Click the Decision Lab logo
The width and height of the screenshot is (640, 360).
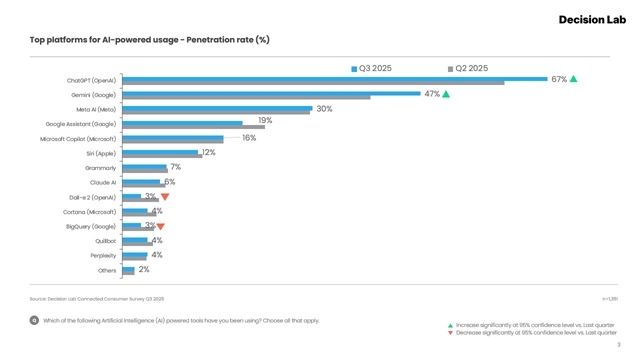click(x=592, y=19)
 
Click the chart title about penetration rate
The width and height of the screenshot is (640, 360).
click(x=150, y=40)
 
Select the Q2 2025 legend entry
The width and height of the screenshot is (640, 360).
click(x=468, y=68)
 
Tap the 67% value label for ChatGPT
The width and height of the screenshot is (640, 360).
click(x=559, y=79)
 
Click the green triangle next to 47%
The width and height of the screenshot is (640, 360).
click(x=446, y=94)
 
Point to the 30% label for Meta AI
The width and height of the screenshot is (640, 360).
click(x=324, y=109)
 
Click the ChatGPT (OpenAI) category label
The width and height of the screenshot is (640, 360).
click(x=91, y=81)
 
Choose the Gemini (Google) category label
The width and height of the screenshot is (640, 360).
click(x=93, y=95)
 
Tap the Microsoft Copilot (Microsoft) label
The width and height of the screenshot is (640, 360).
click(x=78, y=139)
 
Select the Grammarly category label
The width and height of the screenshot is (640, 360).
click(x=100, y=168)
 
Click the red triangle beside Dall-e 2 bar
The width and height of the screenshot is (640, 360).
click(x=165, y=197)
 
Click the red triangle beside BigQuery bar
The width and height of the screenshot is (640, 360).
click(x=160, y=227)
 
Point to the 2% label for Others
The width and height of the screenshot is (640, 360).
click(x=144, y=270)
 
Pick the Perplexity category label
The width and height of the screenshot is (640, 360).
click(x=103, y=256)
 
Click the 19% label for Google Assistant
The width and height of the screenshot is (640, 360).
click(x=265, y=121)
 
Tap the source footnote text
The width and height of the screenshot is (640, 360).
click(x=97, y=299)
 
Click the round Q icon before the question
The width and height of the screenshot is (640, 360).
click(x=34, y=321)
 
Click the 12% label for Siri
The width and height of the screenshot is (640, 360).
click(x=208, y=153)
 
